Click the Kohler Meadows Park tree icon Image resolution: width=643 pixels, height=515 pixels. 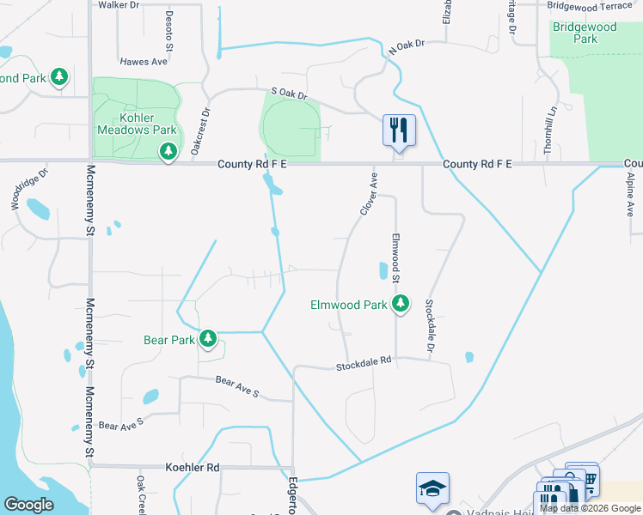(x=168, y=152)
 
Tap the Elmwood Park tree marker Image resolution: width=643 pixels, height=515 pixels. (x=400, y=304)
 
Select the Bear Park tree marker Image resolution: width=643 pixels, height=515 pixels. (x=207, y=339)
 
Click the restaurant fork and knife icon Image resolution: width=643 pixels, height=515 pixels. (x=399, y=130)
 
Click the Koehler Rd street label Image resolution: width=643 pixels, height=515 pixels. (x=192, y=468)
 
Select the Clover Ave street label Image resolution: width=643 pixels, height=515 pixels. (x=370, y=193)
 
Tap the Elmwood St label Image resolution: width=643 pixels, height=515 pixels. (x=396, y=257)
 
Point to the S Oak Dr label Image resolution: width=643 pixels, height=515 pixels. (x=288, y=94)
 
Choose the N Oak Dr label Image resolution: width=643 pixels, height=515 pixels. (x=407, y=48)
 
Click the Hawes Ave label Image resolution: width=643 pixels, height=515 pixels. (x=144, y=62)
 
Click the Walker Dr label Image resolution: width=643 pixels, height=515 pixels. (x=119, y=5)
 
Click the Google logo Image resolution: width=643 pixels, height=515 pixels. (x=28, y=505)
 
